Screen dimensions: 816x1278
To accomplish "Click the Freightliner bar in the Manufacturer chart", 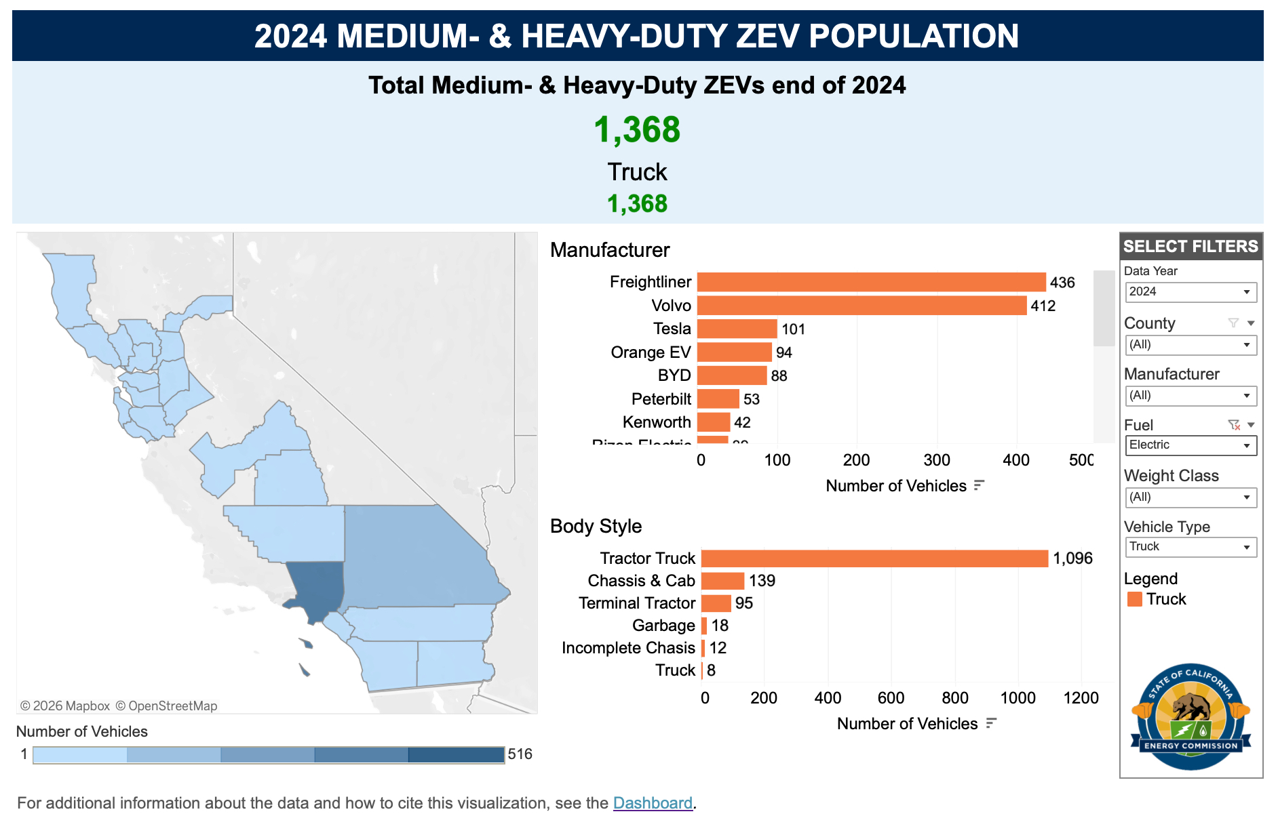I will [x=871, y=282].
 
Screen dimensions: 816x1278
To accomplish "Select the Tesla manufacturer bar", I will [x=737, y=329].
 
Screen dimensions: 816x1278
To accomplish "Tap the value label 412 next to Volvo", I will [x=1043, y=306].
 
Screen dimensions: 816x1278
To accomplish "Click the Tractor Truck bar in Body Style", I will [x=874, y=558].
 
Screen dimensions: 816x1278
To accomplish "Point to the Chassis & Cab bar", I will [x=722, y=581].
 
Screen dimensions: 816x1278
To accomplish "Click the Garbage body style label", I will [x=663, y=626].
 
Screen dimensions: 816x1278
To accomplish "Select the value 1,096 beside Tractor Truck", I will [x=1072, y=558].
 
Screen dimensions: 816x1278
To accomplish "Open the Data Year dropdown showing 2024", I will [x=1190, y=292].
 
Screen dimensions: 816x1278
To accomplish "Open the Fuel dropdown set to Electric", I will [x=1190, y=445].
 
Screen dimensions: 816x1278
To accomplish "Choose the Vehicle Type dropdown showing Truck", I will [x=1190, y=547].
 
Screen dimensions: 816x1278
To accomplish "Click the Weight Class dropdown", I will [x=1190, y=497].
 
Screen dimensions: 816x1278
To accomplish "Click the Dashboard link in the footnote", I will [x=653, y=803].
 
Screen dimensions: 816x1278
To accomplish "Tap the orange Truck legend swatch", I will [x=1134, y=599].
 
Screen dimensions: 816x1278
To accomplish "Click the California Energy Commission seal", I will [x=1190, y=717].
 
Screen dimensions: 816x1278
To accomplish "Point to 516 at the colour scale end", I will [x=520, y=754].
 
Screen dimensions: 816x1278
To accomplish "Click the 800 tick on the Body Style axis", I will [x=954, y=698].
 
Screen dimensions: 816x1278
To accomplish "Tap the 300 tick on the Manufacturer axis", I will [x=937, y=460].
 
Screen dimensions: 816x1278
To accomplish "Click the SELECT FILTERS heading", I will [x=1190, y=246].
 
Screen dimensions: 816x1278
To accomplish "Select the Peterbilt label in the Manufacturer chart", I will [x=661, y=399].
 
